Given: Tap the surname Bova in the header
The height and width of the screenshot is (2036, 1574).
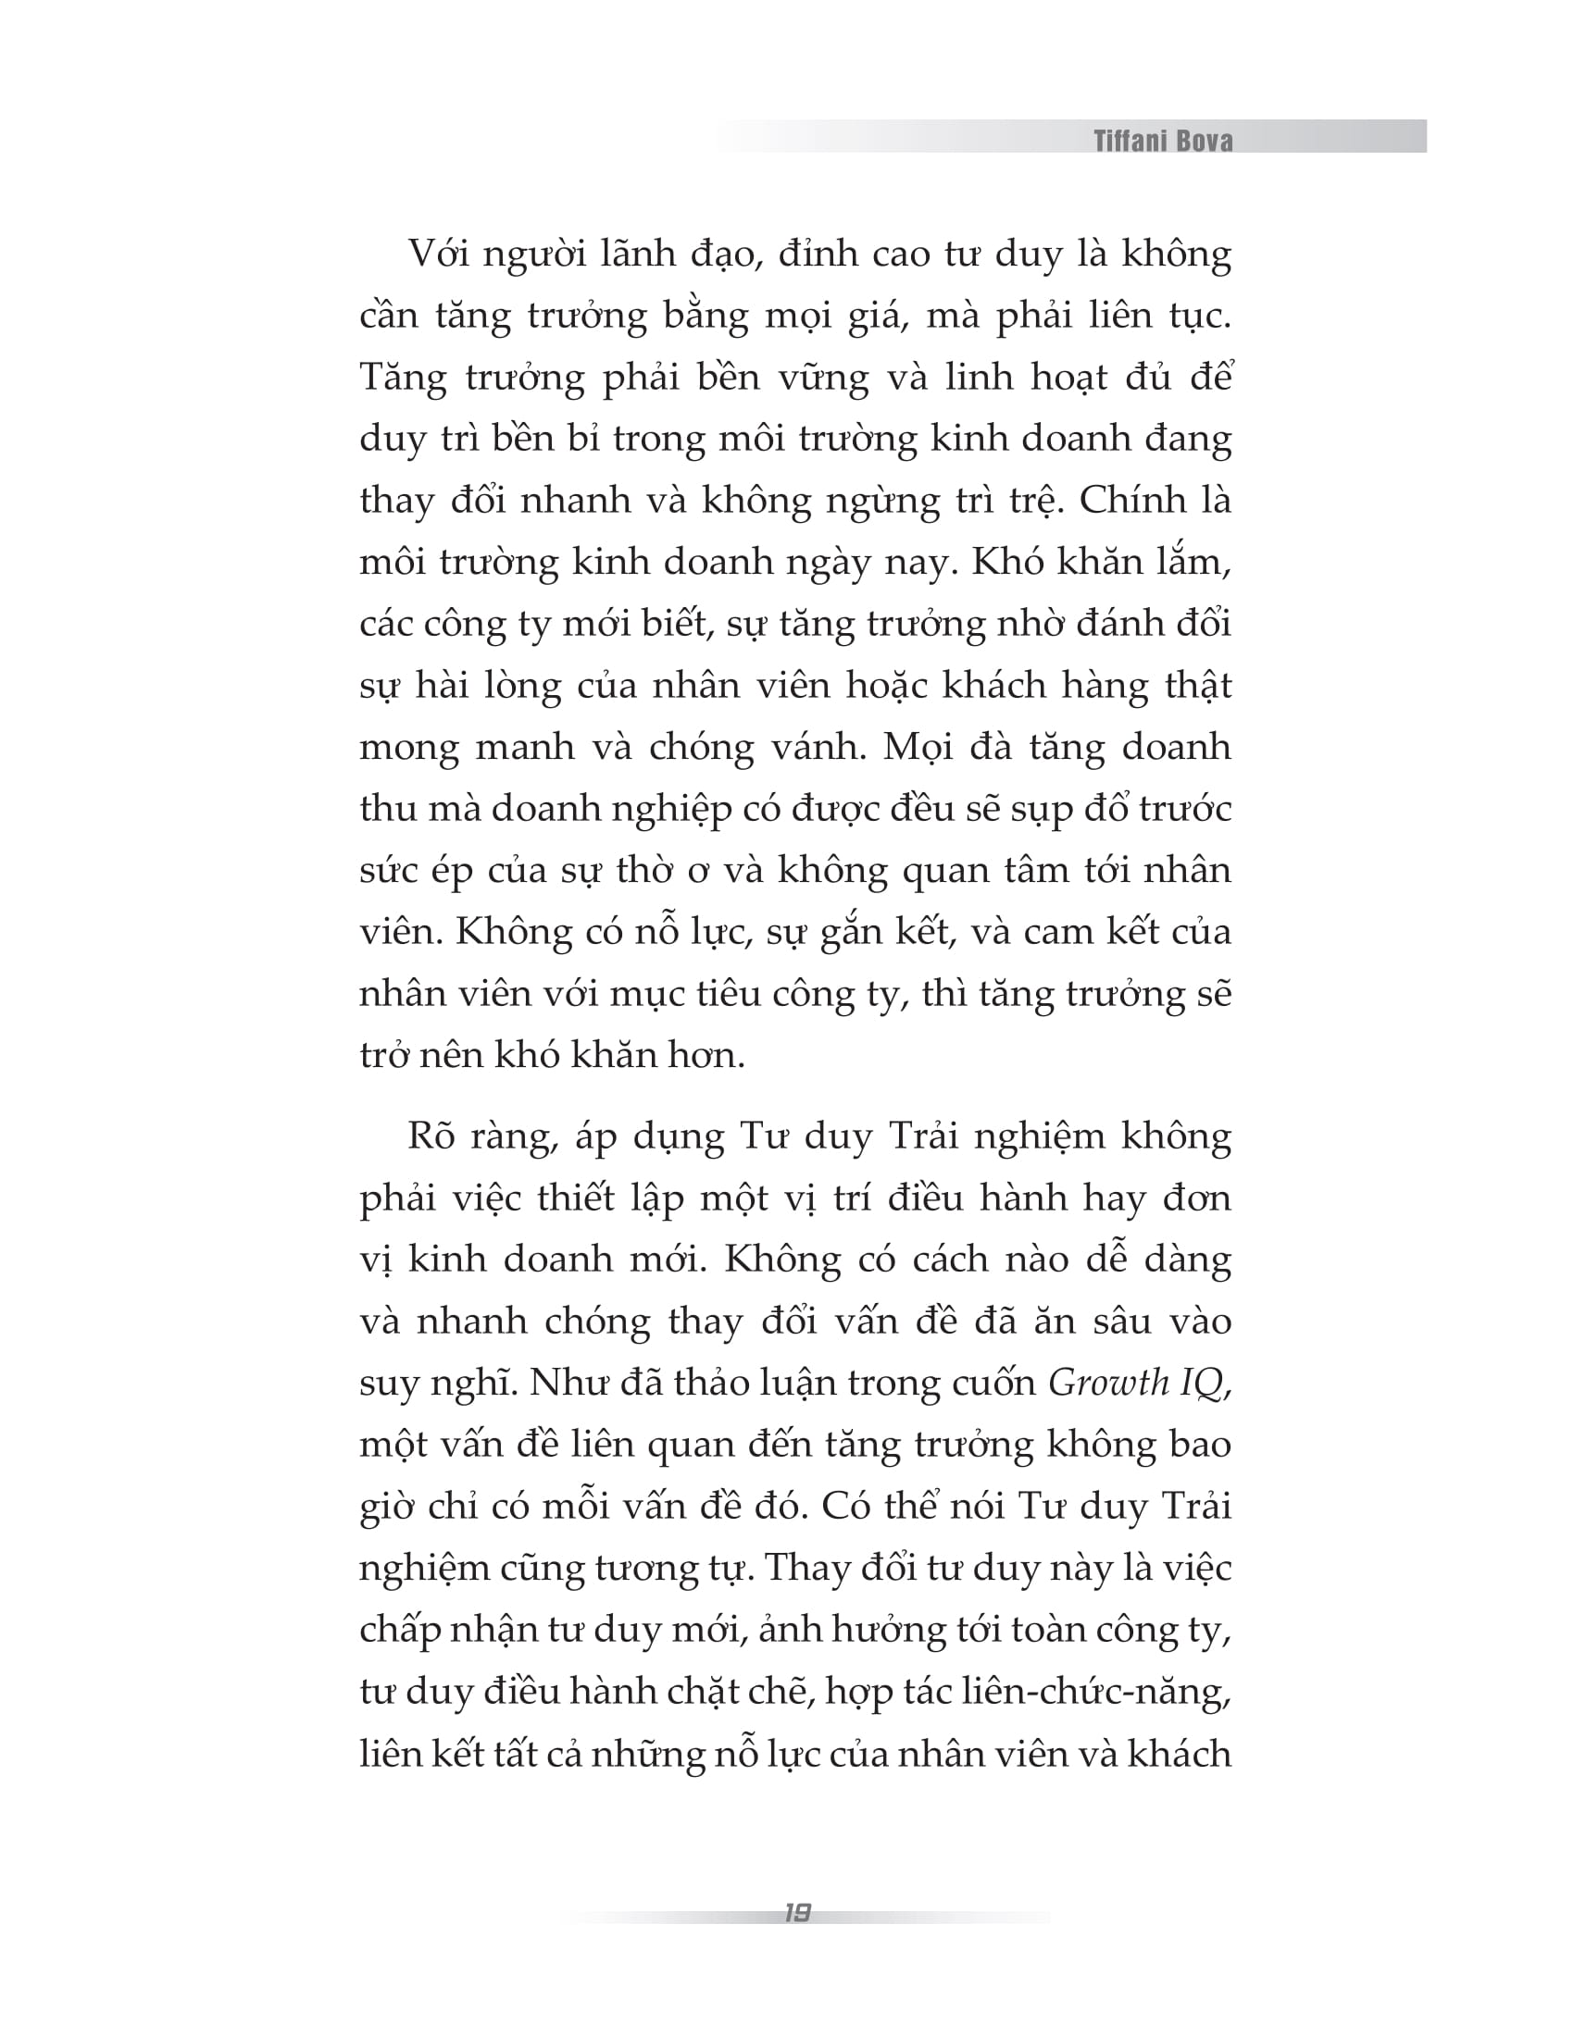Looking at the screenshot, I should [1207, 141].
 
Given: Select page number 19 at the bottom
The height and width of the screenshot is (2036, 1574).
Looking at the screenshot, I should [797, 1913].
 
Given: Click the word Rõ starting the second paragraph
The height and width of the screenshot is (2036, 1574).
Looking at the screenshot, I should [429, 1136].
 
